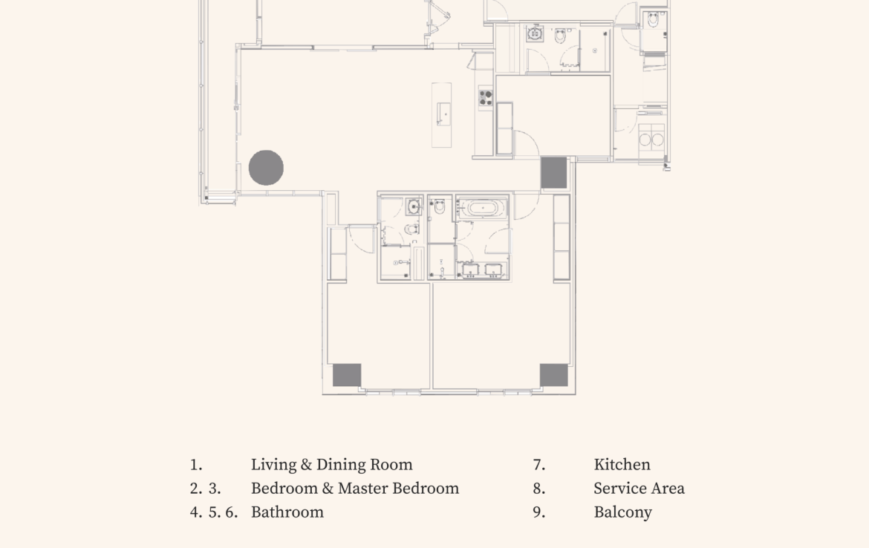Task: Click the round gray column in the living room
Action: pos(266,167)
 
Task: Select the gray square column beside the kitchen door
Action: pos(553,173)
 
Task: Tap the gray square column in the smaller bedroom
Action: pos(347,375)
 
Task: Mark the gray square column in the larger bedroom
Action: pos(553,375)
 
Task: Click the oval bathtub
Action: pos(482,209)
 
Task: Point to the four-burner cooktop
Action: pos(486,98)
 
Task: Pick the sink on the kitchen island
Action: pos(443,114)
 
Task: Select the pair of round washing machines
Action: pos(651,140)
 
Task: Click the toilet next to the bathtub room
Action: pos(440,206)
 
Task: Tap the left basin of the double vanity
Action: pos(471,270)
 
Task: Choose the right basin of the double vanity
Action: pos(493,270)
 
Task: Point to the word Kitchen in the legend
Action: pos(622,464)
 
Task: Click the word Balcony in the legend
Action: pos(622,512)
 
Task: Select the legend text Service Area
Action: pos(639,488)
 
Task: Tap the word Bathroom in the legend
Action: pos(287,512)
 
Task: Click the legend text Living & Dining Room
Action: pos(331,465)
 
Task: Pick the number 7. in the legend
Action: pos(539,465)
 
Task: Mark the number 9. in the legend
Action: pos(539,512)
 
